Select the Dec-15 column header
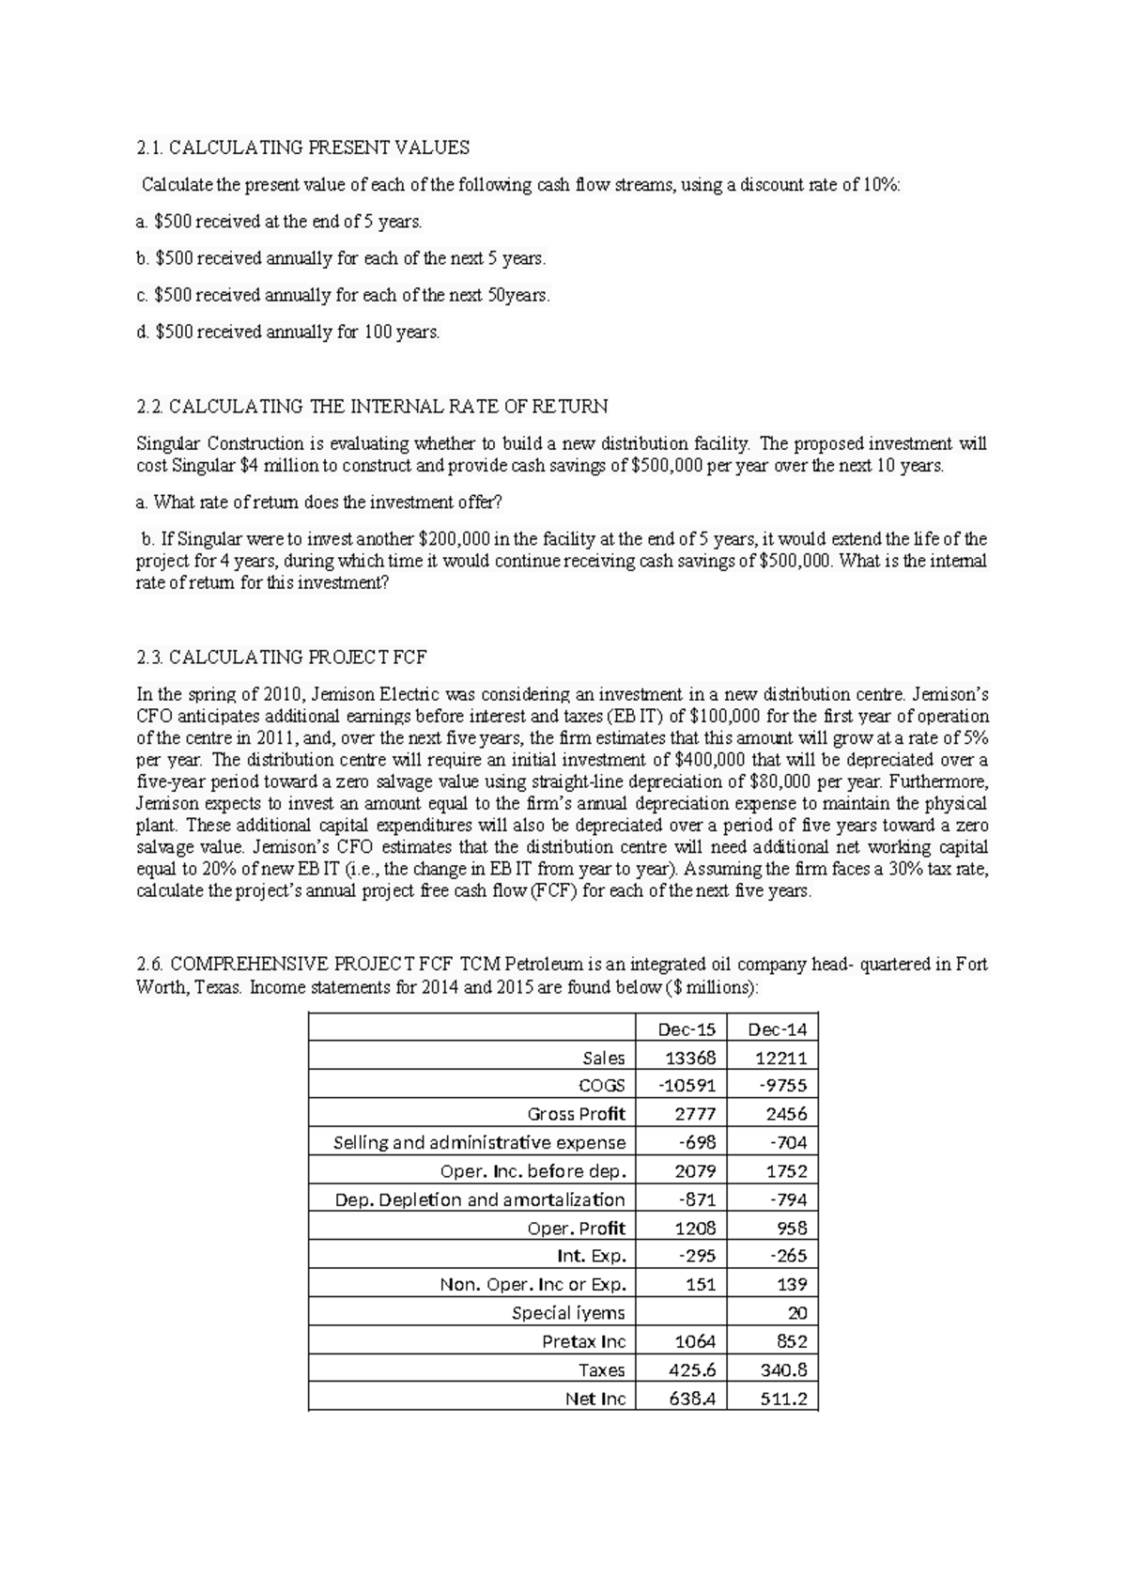click(691, 1028)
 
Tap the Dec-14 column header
click(777, 1028)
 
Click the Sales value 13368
click(691, 1058)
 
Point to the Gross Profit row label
click(576, 1114)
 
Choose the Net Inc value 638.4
click(692, 1399)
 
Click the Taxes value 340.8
click(783, 1369)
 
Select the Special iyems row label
click(568, 1313)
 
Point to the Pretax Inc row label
click(583, 1341)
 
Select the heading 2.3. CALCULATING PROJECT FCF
click(282, 657)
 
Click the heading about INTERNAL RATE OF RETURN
click(372, 407)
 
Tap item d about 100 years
click(287, 332)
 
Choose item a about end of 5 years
click(279, 222)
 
